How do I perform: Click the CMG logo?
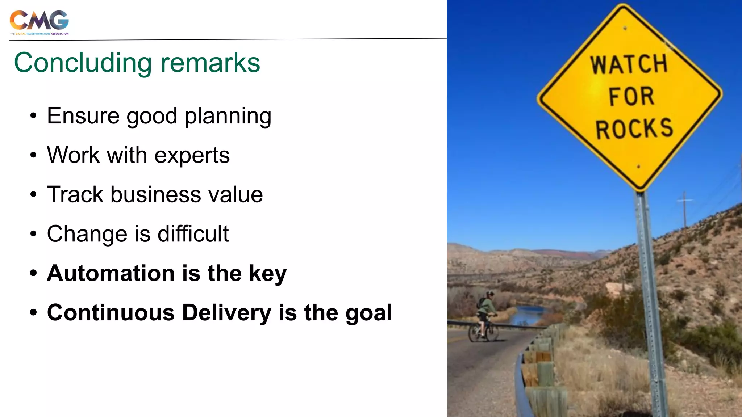click(39, 22)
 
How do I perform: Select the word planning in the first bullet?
click(228, 117)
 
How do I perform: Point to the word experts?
click(192, 156)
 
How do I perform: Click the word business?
click(156, 195)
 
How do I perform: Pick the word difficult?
click(193, 234)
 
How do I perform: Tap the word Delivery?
click(226, 312)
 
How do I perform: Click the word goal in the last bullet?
click(368, 313)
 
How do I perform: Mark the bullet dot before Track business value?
click(33, 195)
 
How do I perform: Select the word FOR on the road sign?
click(631, 97)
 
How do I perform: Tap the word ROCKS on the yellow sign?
click(634, 129)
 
